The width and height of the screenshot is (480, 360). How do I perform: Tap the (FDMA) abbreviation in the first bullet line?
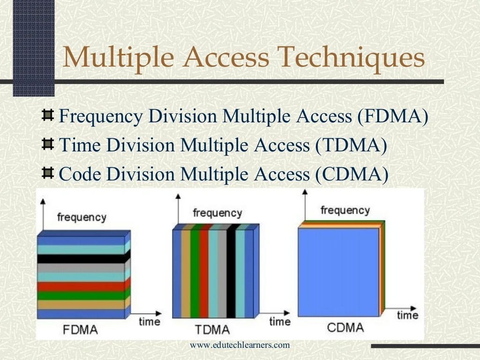tap(392, 117)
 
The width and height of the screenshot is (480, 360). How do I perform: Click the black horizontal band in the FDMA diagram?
tap(81, 258)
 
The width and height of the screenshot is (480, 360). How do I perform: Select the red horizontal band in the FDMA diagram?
tap(81, 286)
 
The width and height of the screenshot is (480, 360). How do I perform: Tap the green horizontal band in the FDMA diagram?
tap(81, 295)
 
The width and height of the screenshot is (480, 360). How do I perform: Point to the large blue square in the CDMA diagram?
tap(337, 272)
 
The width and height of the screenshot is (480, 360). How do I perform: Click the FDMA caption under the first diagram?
tap(80, 329)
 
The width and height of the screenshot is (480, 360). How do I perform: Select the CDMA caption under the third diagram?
tap(345, 327)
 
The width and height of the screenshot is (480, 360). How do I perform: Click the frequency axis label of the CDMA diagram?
tap(345, 210)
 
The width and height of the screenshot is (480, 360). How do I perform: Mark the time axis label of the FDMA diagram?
tap(149, 322)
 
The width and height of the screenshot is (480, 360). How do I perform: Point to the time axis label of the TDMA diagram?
tap(280, 322)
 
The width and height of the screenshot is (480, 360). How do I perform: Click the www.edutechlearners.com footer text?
tap(240, 345)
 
